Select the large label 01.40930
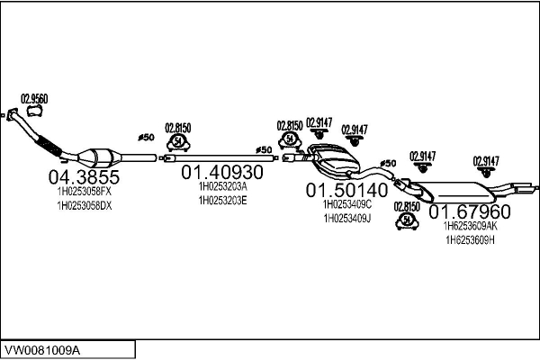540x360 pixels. (222, 171)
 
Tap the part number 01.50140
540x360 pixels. (346, 190)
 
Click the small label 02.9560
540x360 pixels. (34, 98)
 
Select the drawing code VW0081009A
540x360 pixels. (42, 348)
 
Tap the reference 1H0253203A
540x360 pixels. (222, 185)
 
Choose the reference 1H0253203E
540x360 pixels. (222, 200)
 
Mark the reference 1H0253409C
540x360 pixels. (346, 204)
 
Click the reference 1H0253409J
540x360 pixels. (346, 219)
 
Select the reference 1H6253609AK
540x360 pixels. (470, 227)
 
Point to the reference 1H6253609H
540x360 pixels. (470, 240)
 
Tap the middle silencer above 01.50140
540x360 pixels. (334, 160)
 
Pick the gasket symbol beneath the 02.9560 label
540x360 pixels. (35, 112)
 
